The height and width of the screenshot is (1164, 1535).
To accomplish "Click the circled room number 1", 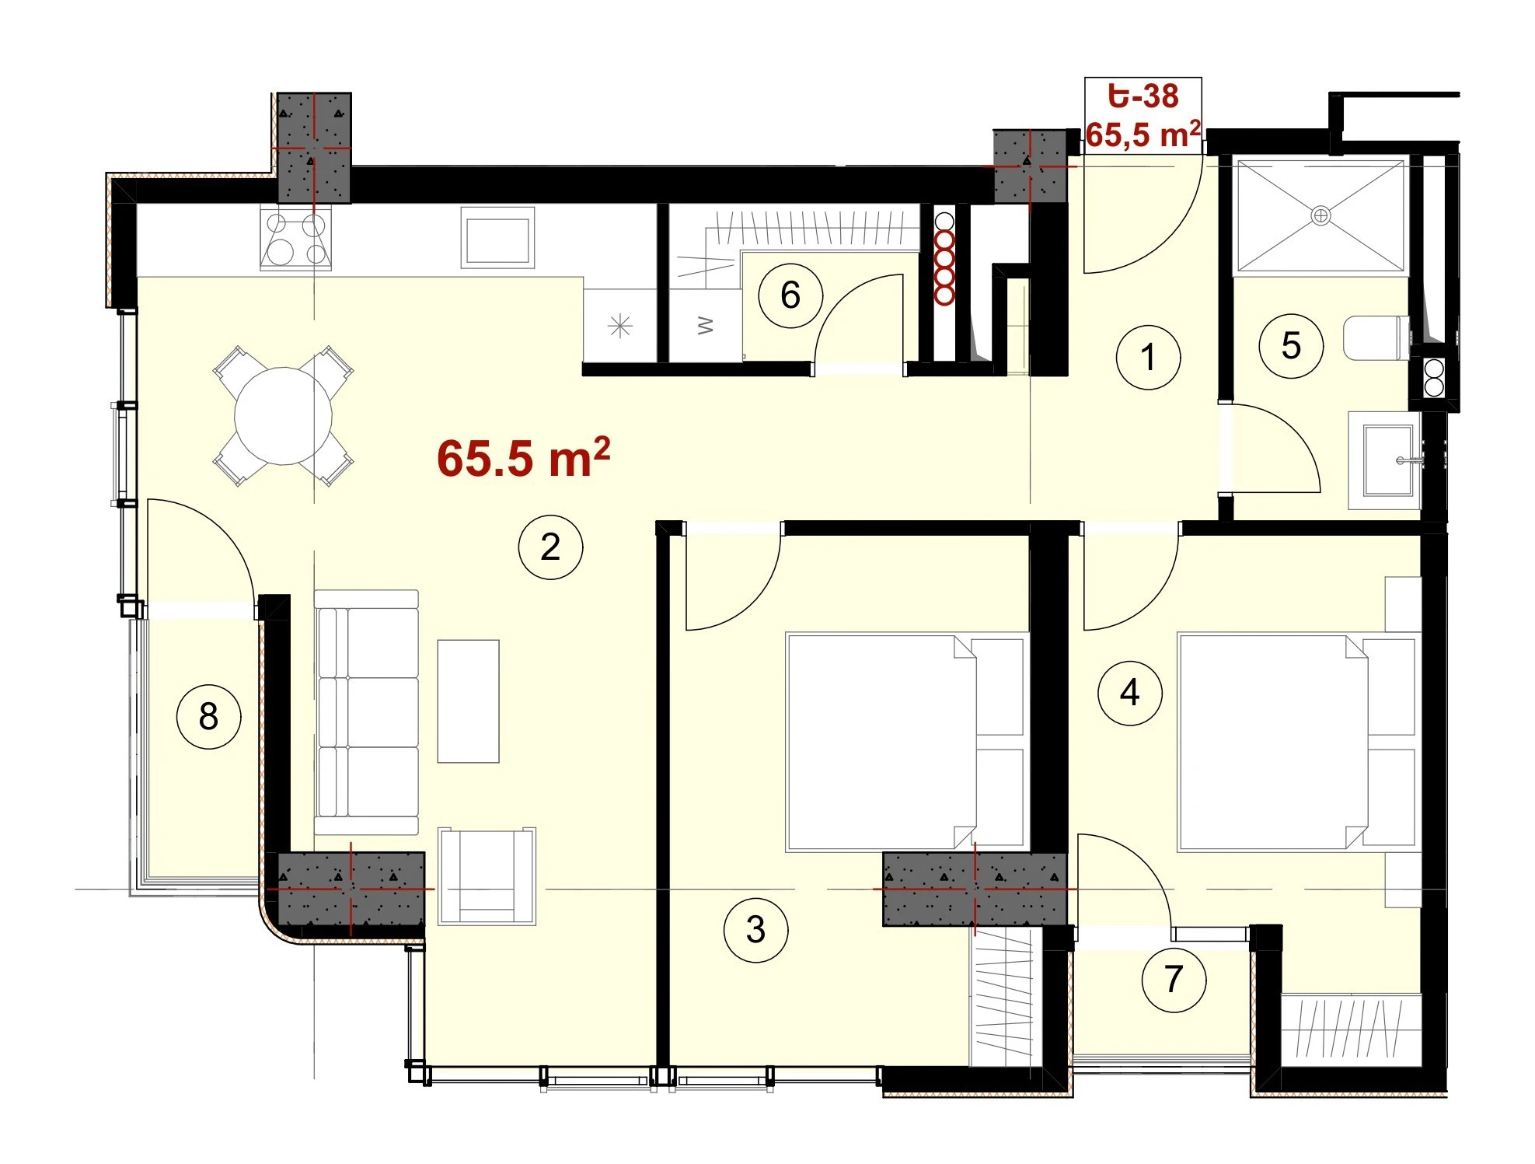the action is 1148,357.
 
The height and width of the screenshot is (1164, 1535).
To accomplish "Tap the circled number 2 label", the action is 550,547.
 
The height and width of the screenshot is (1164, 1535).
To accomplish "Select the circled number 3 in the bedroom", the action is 755,929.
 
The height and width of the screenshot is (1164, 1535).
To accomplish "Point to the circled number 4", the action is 1130,692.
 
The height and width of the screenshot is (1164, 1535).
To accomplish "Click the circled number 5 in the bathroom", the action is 1291,346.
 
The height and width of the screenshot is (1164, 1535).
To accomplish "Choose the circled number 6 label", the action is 790,295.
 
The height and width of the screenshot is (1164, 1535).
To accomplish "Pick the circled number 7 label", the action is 1174,980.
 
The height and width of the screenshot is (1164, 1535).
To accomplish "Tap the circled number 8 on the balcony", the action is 208,716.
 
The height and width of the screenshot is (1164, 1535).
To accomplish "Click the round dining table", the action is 284,416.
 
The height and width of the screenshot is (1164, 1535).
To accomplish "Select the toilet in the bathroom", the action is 1376,337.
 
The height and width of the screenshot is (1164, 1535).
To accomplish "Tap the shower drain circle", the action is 1320,215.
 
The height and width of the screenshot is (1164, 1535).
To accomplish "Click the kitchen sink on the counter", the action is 497,237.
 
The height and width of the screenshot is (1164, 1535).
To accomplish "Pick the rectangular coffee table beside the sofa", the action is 468,701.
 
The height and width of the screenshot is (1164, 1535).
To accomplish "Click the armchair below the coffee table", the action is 487,876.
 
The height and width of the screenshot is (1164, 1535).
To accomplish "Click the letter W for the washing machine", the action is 706,325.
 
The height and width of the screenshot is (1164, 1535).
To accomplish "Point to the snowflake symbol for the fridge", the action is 620,326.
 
